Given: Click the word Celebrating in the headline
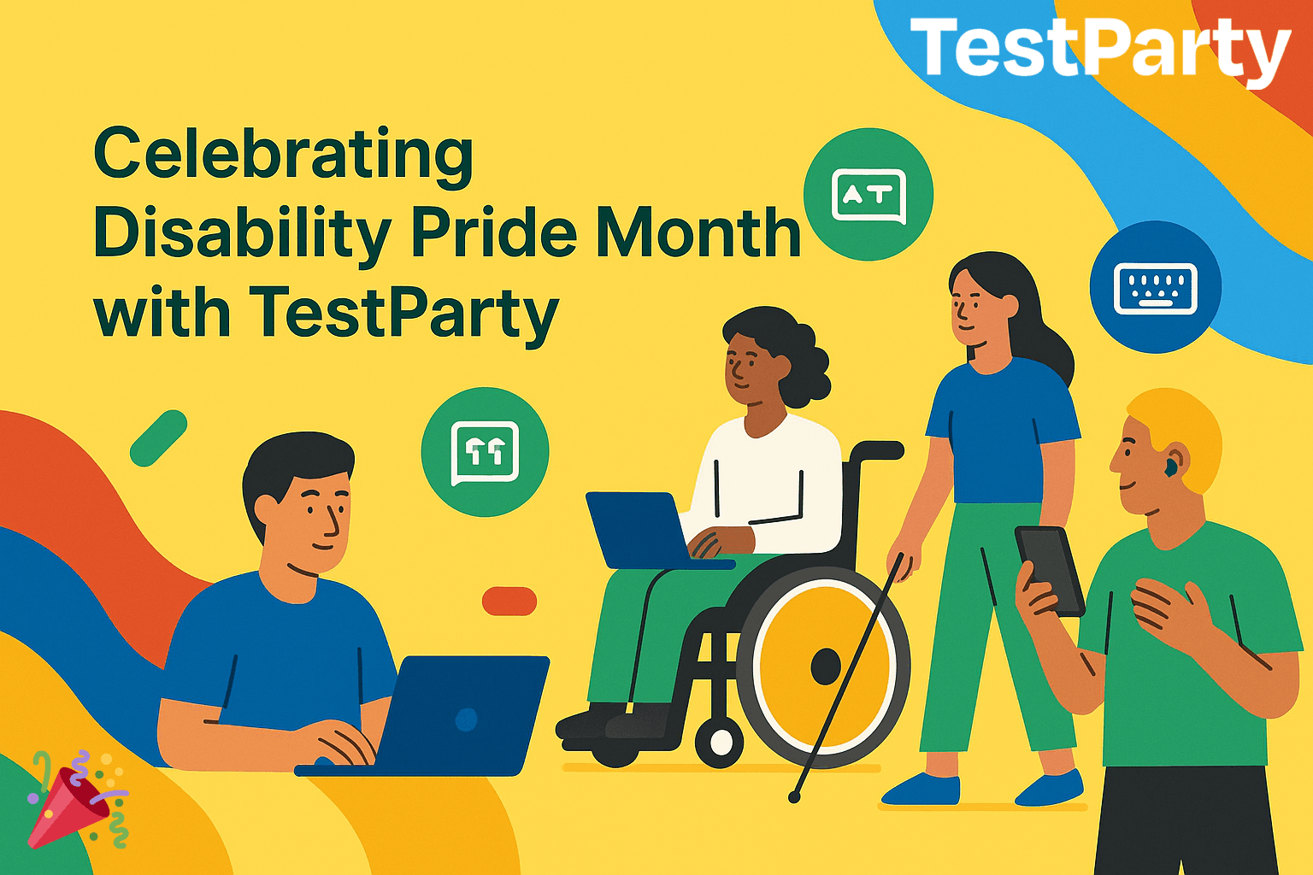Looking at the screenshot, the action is click(x=283, y=157).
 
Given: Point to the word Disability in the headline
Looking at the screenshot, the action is click(x=243, y=235).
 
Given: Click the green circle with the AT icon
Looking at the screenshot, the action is click(x=868, y=194).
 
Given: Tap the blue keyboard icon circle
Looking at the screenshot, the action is click(x=1156, y=287).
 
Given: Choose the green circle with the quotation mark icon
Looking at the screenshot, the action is click(x=485, y=451).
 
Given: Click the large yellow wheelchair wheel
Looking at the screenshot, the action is click(x=823, y=667).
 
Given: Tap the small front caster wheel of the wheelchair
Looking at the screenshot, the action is click(x=719, y=743).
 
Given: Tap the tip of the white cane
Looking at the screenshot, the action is click(x=794, y=797).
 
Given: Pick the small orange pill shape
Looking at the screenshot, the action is click(x=509, y=602).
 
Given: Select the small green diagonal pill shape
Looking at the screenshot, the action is click(x=158, y=438).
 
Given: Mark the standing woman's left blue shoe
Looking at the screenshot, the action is click(x=922, y=790).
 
